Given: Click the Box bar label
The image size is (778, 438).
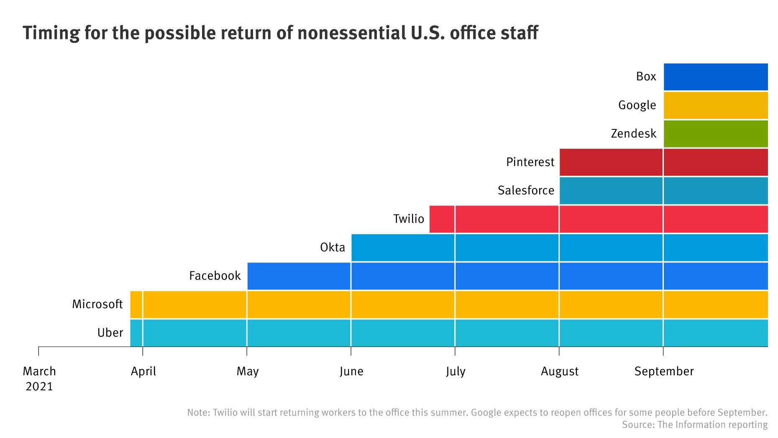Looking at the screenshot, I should [x=646, y=76].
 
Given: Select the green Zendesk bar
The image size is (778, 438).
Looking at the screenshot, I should [x=715, y=134].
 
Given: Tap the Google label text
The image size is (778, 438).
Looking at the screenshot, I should [x=637, y=105].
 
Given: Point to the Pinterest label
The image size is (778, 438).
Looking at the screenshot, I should [x=530, y=162].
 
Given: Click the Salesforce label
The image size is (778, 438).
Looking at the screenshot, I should [x=525, y=191].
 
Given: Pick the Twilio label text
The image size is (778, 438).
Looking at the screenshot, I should [x=408, y=219].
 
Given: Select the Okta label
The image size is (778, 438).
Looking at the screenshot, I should [x=333, y=247].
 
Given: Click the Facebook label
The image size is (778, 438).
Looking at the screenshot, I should [x=215, y=276].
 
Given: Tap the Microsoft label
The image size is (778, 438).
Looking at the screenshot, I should [x=97, y=304].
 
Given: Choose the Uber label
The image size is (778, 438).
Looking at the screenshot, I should [x=110, y=332].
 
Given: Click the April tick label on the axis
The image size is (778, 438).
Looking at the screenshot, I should [x=143, y=371].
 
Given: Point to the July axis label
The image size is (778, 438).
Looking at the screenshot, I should [x=455, y=371].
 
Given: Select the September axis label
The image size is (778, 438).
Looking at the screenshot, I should [x=663, y=371].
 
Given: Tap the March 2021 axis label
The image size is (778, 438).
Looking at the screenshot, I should [x=39, y=378].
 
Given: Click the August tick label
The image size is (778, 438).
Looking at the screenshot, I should [x=559, y=371].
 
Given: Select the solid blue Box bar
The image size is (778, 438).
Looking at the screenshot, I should [x=715, y=77].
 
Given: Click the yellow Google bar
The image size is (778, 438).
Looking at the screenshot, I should [x=715, y=105].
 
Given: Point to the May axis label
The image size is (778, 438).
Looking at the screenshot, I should [x=247, y=371].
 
